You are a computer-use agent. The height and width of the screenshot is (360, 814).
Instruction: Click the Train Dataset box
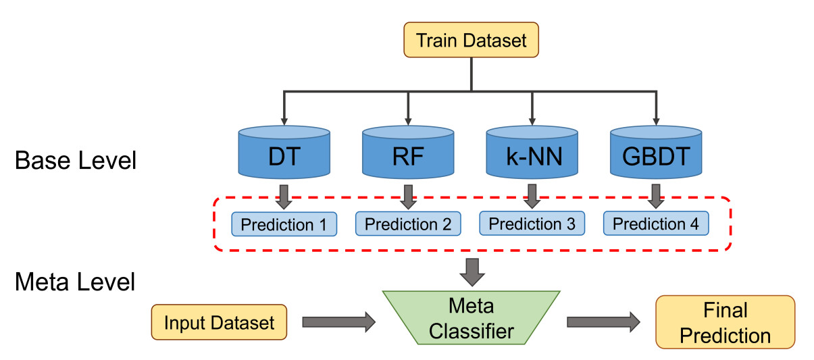tap(471, 40)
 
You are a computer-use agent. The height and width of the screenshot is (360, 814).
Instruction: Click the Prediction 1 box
tap(284, 224)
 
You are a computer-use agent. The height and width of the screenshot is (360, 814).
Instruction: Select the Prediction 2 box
tap(408, 224)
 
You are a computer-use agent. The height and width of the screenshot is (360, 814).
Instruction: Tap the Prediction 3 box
tap(532, 224)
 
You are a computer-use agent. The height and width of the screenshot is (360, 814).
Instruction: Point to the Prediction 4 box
tap(656, 224)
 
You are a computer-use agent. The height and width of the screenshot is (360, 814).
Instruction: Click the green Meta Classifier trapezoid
tap(472, 319)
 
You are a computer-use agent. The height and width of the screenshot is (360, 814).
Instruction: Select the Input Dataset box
tap(220, 322)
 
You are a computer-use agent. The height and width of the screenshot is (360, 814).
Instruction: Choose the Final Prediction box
tap(726, 322)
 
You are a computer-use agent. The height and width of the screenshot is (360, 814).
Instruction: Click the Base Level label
tap(76, 161)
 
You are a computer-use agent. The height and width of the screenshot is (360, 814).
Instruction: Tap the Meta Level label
tap(75, 281)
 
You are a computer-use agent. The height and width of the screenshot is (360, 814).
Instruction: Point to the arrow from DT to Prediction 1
tap(284, 197)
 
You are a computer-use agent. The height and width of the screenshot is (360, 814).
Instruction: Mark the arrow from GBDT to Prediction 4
tap(655, 196)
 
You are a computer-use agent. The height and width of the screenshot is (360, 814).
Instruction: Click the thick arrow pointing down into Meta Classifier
tap(472, 271)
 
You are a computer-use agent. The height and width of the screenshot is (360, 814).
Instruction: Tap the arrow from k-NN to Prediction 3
tap(532, 196)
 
